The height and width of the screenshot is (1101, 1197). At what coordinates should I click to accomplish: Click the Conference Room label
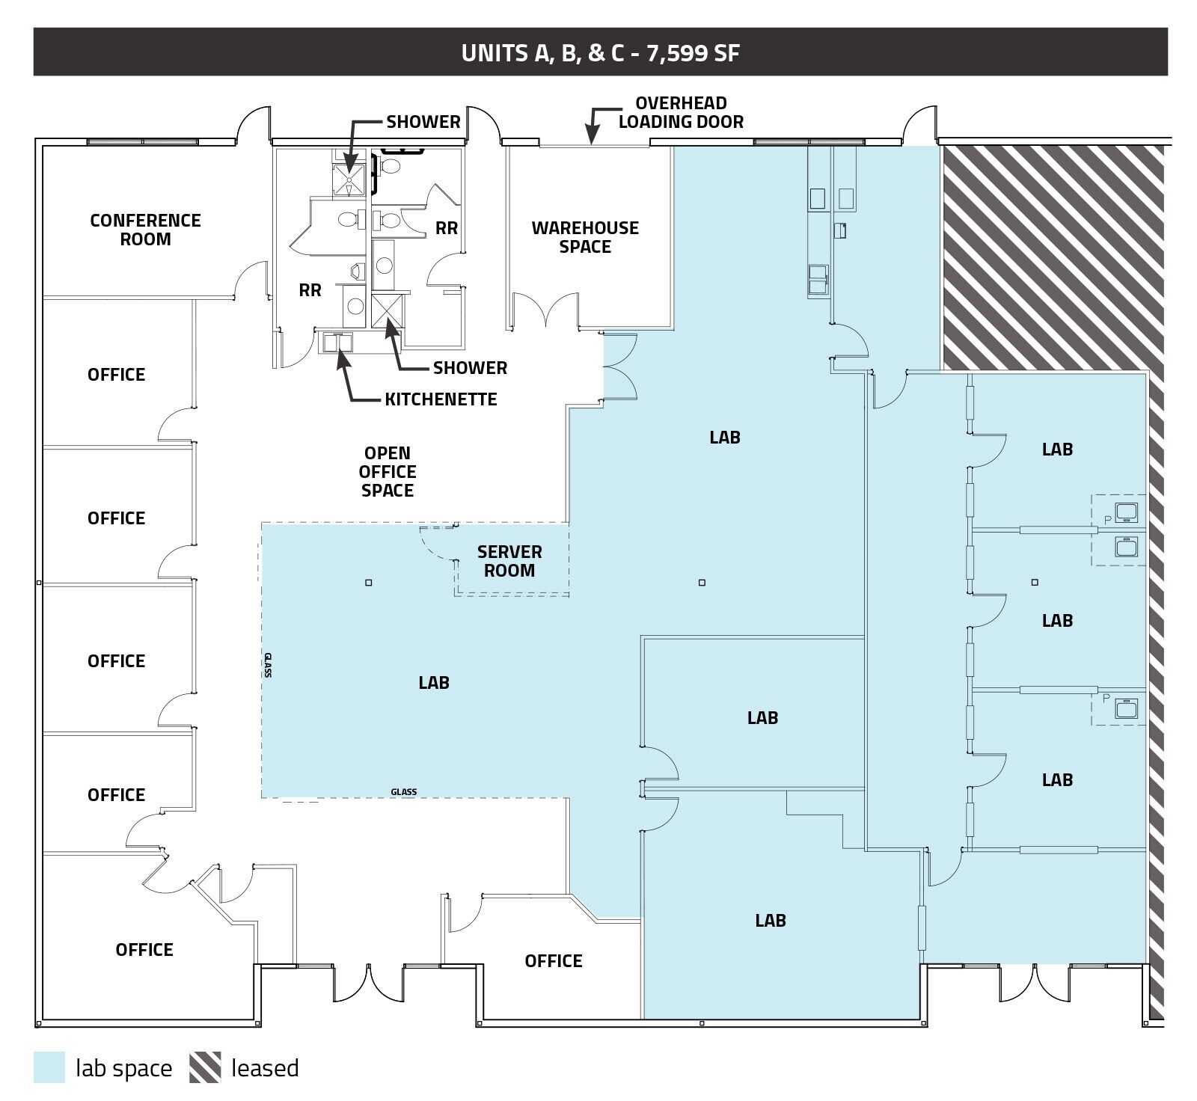(145, 230)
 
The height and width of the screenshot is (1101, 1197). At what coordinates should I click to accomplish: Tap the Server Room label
(509, 561)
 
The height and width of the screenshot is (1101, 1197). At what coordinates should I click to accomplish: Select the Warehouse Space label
(585, 237)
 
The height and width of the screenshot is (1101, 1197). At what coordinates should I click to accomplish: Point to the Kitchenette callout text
(441, 399)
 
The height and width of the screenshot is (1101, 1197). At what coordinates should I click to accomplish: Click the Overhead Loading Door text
(681, 113)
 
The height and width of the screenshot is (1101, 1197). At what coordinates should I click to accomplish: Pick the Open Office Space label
(387, 472)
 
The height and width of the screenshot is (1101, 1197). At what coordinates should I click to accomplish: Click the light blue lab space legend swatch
(49, 1067)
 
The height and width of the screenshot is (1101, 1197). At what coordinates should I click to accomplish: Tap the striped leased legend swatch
(205, 1067)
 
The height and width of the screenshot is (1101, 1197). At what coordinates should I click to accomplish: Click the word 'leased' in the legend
(265, 1068)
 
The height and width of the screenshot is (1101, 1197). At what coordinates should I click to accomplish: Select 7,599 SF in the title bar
(694, 53)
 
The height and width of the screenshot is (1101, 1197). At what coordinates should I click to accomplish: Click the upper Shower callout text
(423, 122)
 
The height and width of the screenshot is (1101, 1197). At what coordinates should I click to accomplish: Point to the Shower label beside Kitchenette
(470, 368)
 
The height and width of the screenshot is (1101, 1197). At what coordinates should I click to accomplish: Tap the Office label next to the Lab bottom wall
(553, 961)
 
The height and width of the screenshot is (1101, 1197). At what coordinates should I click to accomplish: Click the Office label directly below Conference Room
(116, 375)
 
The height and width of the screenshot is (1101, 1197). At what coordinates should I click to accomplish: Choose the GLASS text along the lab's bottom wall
(403, 792)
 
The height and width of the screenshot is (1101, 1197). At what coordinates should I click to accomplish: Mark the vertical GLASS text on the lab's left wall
(267, 665)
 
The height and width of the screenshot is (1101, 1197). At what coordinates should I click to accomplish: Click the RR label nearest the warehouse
(447, 228)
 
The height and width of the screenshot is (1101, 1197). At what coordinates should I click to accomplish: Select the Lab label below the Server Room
(434, 682)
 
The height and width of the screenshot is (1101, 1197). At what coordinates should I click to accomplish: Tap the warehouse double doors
(545, 310)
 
